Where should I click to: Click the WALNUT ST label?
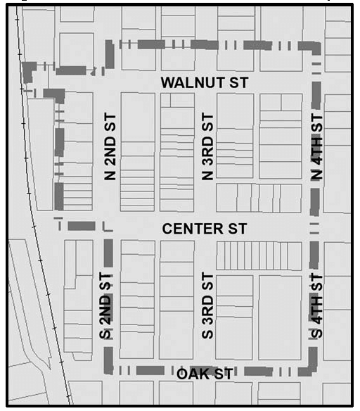pos(204,82)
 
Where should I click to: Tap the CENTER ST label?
pos(204,229)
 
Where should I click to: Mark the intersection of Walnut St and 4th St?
pos(316,82)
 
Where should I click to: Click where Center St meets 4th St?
pos(316,229)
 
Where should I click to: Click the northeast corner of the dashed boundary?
pos(316,46)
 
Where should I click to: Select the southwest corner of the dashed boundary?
pos(108,370)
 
